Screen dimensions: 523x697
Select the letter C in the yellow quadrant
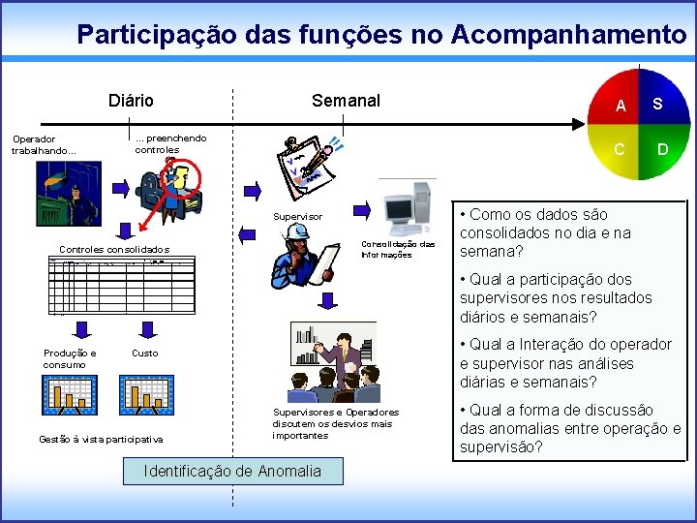[x=621, y=148]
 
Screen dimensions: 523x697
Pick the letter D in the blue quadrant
[x=663, y=148]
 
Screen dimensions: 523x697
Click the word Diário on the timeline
[x=131, y=101]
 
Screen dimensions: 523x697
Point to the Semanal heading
[x=346, y=101]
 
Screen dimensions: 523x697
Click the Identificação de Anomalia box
[x=231, y=471]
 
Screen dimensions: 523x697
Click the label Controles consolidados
[x=114, y=249]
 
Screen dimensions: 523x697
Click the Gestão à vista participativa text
[x=101, y=439]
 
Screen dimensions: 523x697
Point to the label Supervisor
[x=297, y=216]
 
